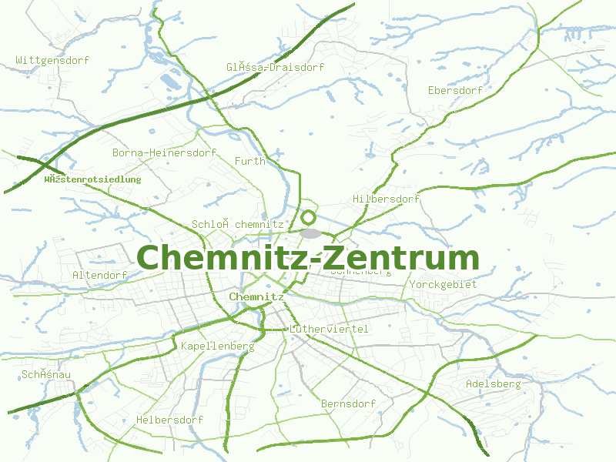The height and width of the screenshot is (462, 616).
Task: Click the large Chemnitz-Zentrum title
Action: [308, 257]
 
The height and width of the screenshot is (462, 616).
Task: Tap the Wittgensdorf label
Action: [53, 60]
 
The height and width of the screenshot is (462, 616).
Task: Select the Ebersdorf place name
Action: [455, 90]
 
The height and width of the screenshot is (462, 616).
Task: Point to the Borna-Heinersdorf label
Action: [164, 152]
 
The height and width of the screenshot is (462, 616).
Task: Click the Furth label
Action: [249, 161]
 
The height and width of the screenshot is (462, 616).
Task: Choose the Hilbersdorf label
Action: [386, 199]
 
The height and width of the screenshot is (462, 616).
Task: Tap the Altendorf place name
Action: [99, 275]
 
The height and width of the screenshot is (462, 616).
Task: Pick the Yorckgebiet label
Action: [444, 284]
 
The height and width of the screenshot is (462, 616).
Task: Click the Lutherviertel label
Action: [329, 329]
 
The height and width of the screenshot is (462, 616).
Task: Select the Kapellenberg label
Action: [217, 346]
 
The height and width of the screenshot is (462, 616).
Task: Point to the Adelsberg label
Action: [493, 383]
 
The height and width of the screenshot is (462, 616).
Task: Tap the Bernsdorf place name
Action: [348, 403]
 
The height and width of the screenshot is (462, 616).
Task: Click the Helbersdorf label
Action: [169, 420]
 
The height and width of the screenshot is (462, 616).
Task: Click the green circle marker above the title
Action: [309, 218]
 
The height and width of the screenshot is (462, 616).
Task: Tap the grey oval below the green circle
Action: [310, 233]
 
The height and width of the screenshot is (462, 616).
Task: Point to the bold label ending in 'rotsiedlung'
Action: [92, 179]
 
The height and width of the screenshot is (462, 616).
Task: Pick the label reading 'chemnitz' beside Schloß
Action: [259, 224]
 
